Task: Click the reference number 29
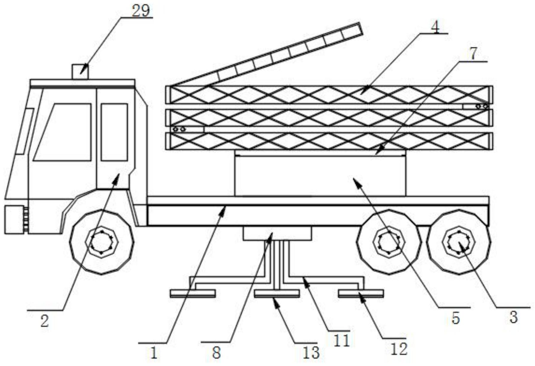coord(141,11)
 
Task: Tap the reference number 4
coord(435,27)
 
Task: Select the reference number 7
coord(474,54)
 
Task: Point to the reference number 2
coord(45,321)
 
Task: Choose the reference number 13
coord(311,353)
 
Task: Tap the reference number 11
coord(342,340)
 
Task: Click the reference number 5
coord(456,318)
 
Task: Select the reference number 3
coord(513,317)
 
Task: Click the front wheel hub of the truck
coord(102,242)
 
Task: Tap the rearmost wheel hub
coord(458,242)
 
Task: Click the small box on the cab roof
coord(80,72)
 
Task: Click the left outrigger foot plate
coord(193,293)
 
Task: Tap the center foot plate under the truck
coord(277,293)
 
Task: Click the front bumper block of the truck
coord(14,220)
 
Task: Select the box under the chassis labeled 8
coord(277,233)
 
